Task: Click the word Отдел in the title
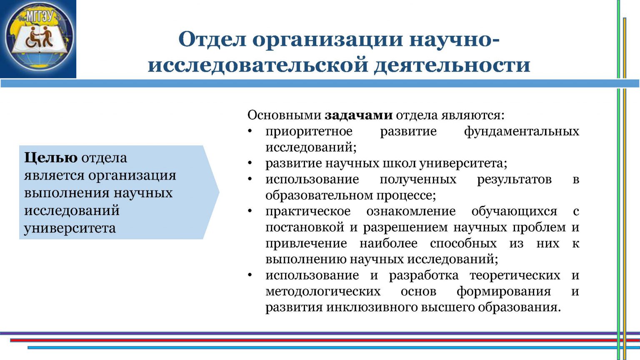(212, 39)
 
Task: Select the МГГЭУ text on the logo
(40, 17)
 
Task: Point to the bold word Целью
(51, 157)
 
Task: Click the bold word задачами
(359, 115)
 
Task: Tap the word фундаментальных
(522, 131)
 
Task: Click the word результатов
(514, 180)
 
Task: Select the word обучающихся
(514, 212)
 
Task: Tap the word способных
(463, 243)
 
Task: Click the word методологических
(323, 291)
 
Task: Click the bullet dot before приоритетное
(250, 131)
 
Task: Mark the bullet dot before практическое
(250, 211)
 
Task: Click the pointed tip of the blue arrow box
(219, 192)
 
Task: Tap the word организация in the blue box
(132, 175)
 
